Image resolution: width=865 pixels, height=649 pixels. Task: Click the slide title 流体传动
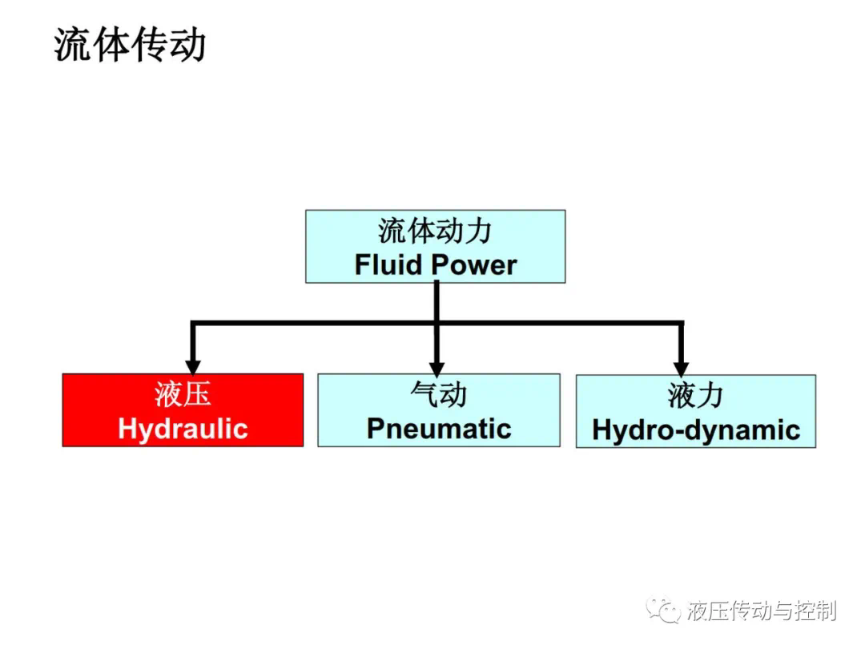(131, 43)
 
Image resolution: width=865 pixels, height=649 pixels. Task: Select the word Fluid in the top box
(388, 265)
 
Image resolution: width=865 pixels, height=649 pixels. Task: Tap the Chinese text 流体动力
(435, 231)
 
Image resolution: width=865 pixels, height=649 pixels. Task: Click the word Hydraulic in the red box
(183, 429)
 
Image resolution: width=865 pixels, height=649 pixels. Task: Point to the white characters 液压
(183, 394)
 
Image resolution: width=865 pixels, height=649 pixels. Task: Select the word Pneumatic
(439, 429)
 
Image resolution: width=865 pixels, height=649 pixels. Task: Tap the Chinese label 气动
(439, 394)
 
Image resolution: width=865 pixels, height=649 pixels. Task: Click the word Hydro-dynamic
(696, 430)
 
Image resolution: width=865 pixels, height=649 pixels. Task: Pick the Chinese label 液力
(696, 396)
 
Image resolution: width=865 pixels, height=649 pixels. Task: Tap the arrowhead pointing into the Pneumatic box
(437, 369)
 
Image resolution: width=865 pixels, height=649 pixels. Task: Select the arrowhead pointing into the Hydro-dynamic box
(681, 369)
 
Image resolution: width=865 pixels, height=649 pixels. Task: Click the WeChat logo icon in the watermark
(663, 610)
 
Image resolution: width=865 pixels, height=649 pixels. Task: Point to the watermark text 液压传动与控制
(762, 611)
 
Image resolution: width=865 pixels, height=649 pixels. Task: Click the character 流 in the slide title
(72, 43)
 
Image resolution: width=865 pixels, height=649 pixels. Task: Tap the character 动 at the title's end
(188, 43)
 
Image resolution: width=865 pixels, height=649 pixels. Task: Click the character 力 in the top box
(478, 231)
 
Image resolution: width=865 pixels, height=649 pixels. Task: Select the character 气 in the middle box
(424, 394)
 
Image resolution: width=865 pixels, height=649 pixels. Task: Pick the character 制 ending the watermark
(827, 611)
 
